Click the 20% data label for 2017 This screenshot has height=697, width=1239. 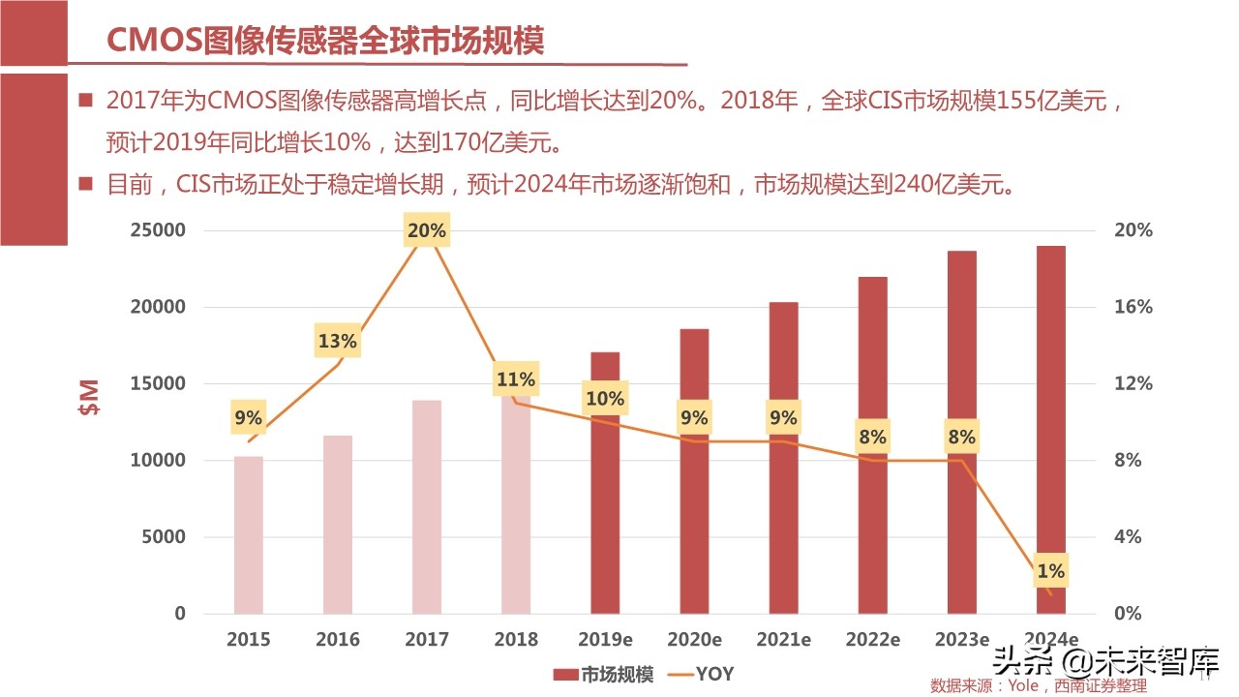[427, 231]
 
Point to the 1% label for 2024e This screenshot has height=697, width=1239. [1050, 571]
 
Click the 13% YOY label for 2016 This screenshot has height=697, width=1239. [338, 341]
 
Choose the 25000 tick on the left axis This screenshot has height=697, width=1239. [160, 230]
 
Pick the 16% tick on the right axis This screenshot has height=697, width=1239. [1133, 307]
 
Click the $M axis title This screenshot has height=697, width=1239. [89, 398]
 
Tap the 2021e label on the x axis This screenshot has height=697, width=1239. [783, 640]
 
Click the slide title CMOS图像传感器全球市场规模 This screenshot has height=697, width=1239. [324, 40]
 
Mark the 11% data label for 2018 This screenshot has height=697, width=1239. [516, 379]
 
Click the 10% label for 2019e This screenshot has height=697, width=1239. [605, 399]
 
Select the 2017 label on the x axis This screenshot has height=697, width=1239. [427, 640]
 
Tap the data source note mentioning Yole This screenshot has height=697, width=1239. [1038, 685]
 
